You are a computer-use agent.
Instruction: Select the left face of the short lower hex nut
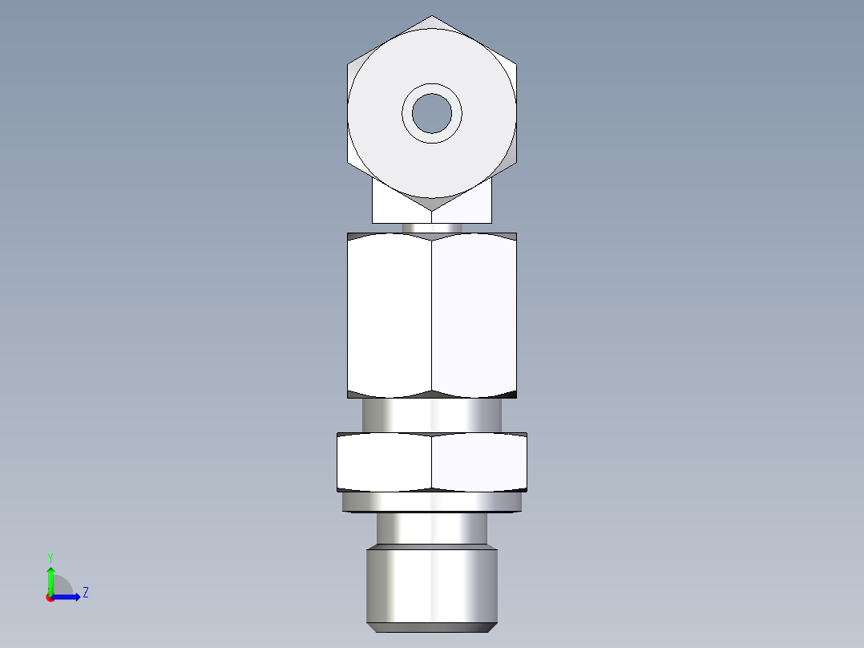coord(384,462)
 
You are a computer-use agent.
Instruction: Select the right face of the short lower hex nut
coord(478,462)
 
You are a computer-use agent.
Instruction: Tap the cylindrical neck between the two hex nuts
coord(432,415)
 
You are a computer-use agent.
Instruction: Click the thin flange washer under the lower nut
coord(432,503)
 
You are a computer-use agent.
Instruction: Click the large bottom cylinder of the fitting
coord(432,584)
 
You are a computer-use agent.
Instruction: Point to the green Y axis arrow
coord(50,577)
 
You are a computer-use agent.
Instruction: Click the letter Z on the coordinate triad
coord(85,593)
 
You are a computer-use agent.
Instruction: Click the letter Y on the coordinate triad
coord(50,557)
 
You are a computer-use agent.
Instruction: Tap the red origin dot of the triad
coord(50,597)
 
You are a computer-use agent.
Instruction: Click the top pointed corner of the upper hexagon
coord(432,17)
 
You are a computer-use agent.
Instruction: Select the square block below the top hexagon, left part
coord(393,205)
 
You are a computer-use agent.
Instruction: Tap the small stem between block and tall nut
coord(432,228)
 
